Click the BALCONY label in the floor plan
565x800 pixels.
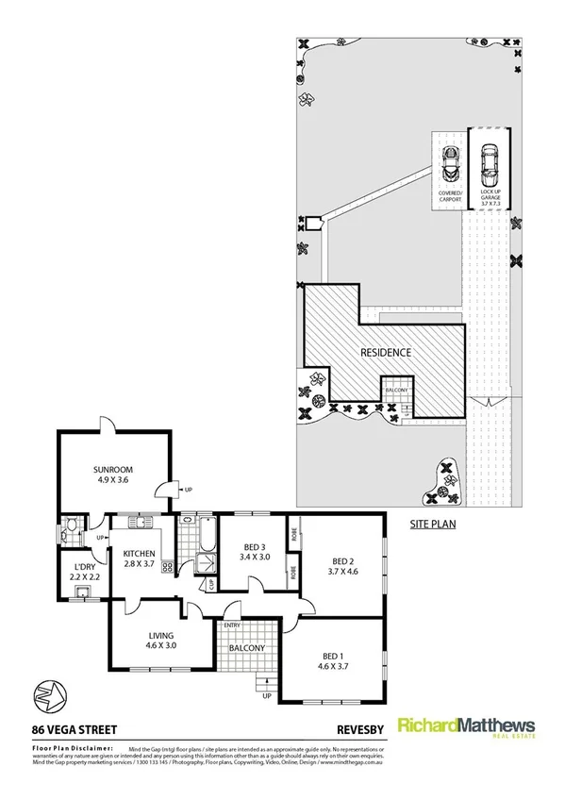(x=246, y=648)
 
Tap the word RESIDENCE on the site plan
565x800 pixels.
(x=387, y=353)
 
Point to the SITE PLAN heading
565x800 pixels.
(x=433, y=522)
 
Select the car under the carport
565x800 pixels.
(x=448, y=166)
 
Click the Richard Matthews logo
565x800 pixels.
(x=467, y=727)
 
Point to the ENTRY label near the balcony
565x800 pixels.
(x=232, y=625)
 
